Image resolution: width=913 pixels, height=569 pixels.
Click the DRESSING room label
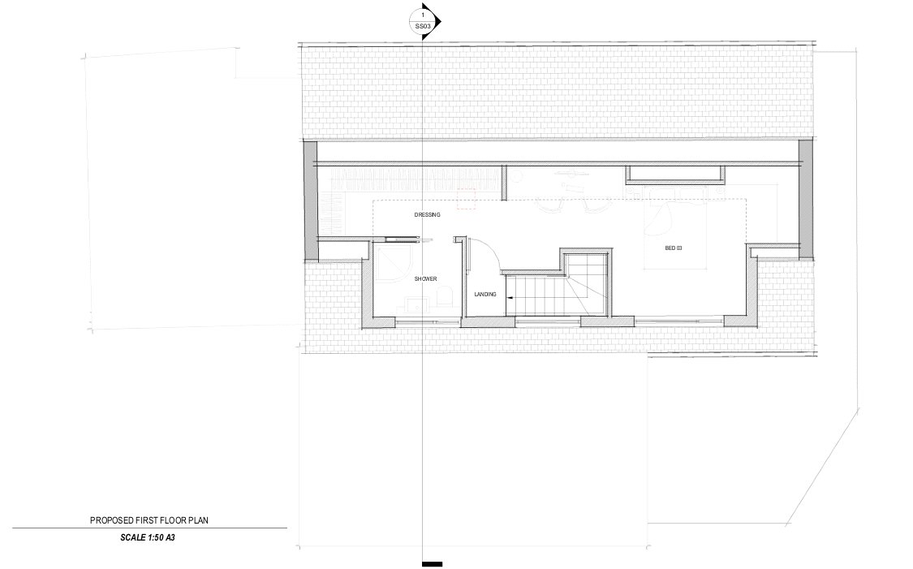click(x=428, y=215)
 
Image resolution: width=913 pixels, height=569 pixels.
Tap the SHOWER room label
click(x=425, y=279)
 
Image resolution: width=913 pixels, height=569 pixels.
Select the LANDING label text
click(x=485, y=295)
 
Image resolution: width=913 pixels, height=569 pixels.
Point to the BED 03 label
click(x=673, y=248)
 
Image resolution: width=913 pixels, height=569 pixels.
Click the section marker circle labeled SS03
click(x=423, y=21)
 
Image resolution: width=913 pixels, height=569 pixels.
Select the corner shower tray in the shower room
click(x=394, y=263)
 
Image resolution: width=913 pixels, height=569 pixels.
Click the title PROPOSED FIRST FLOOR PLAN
click(x=149, y=520)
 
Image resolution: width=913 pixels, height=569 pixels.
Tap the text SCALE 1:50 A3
click(x=148, y=537)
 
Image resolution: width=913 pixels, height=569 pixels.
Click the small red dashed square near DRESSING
click(x=467, y=199)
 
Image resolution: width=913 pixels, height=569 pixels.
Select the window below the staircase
click(x=548, y=319)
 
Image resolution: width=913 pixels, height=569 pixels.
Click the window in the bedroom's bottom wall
click(x=679, y=319)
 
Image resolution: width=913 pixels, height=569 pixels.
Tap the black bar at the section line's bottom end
click(x=432, y=564)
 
